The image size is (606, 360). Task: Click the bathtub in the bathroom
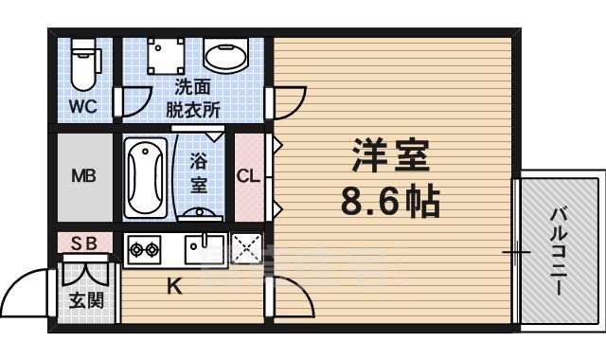146,176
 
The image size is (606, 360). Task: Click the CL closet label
248,176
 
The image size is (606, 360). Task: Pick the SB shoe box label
85,243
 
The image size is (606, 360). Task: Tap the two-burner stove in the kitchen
144,250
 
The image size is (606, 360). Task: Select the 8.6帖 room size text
390,201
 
